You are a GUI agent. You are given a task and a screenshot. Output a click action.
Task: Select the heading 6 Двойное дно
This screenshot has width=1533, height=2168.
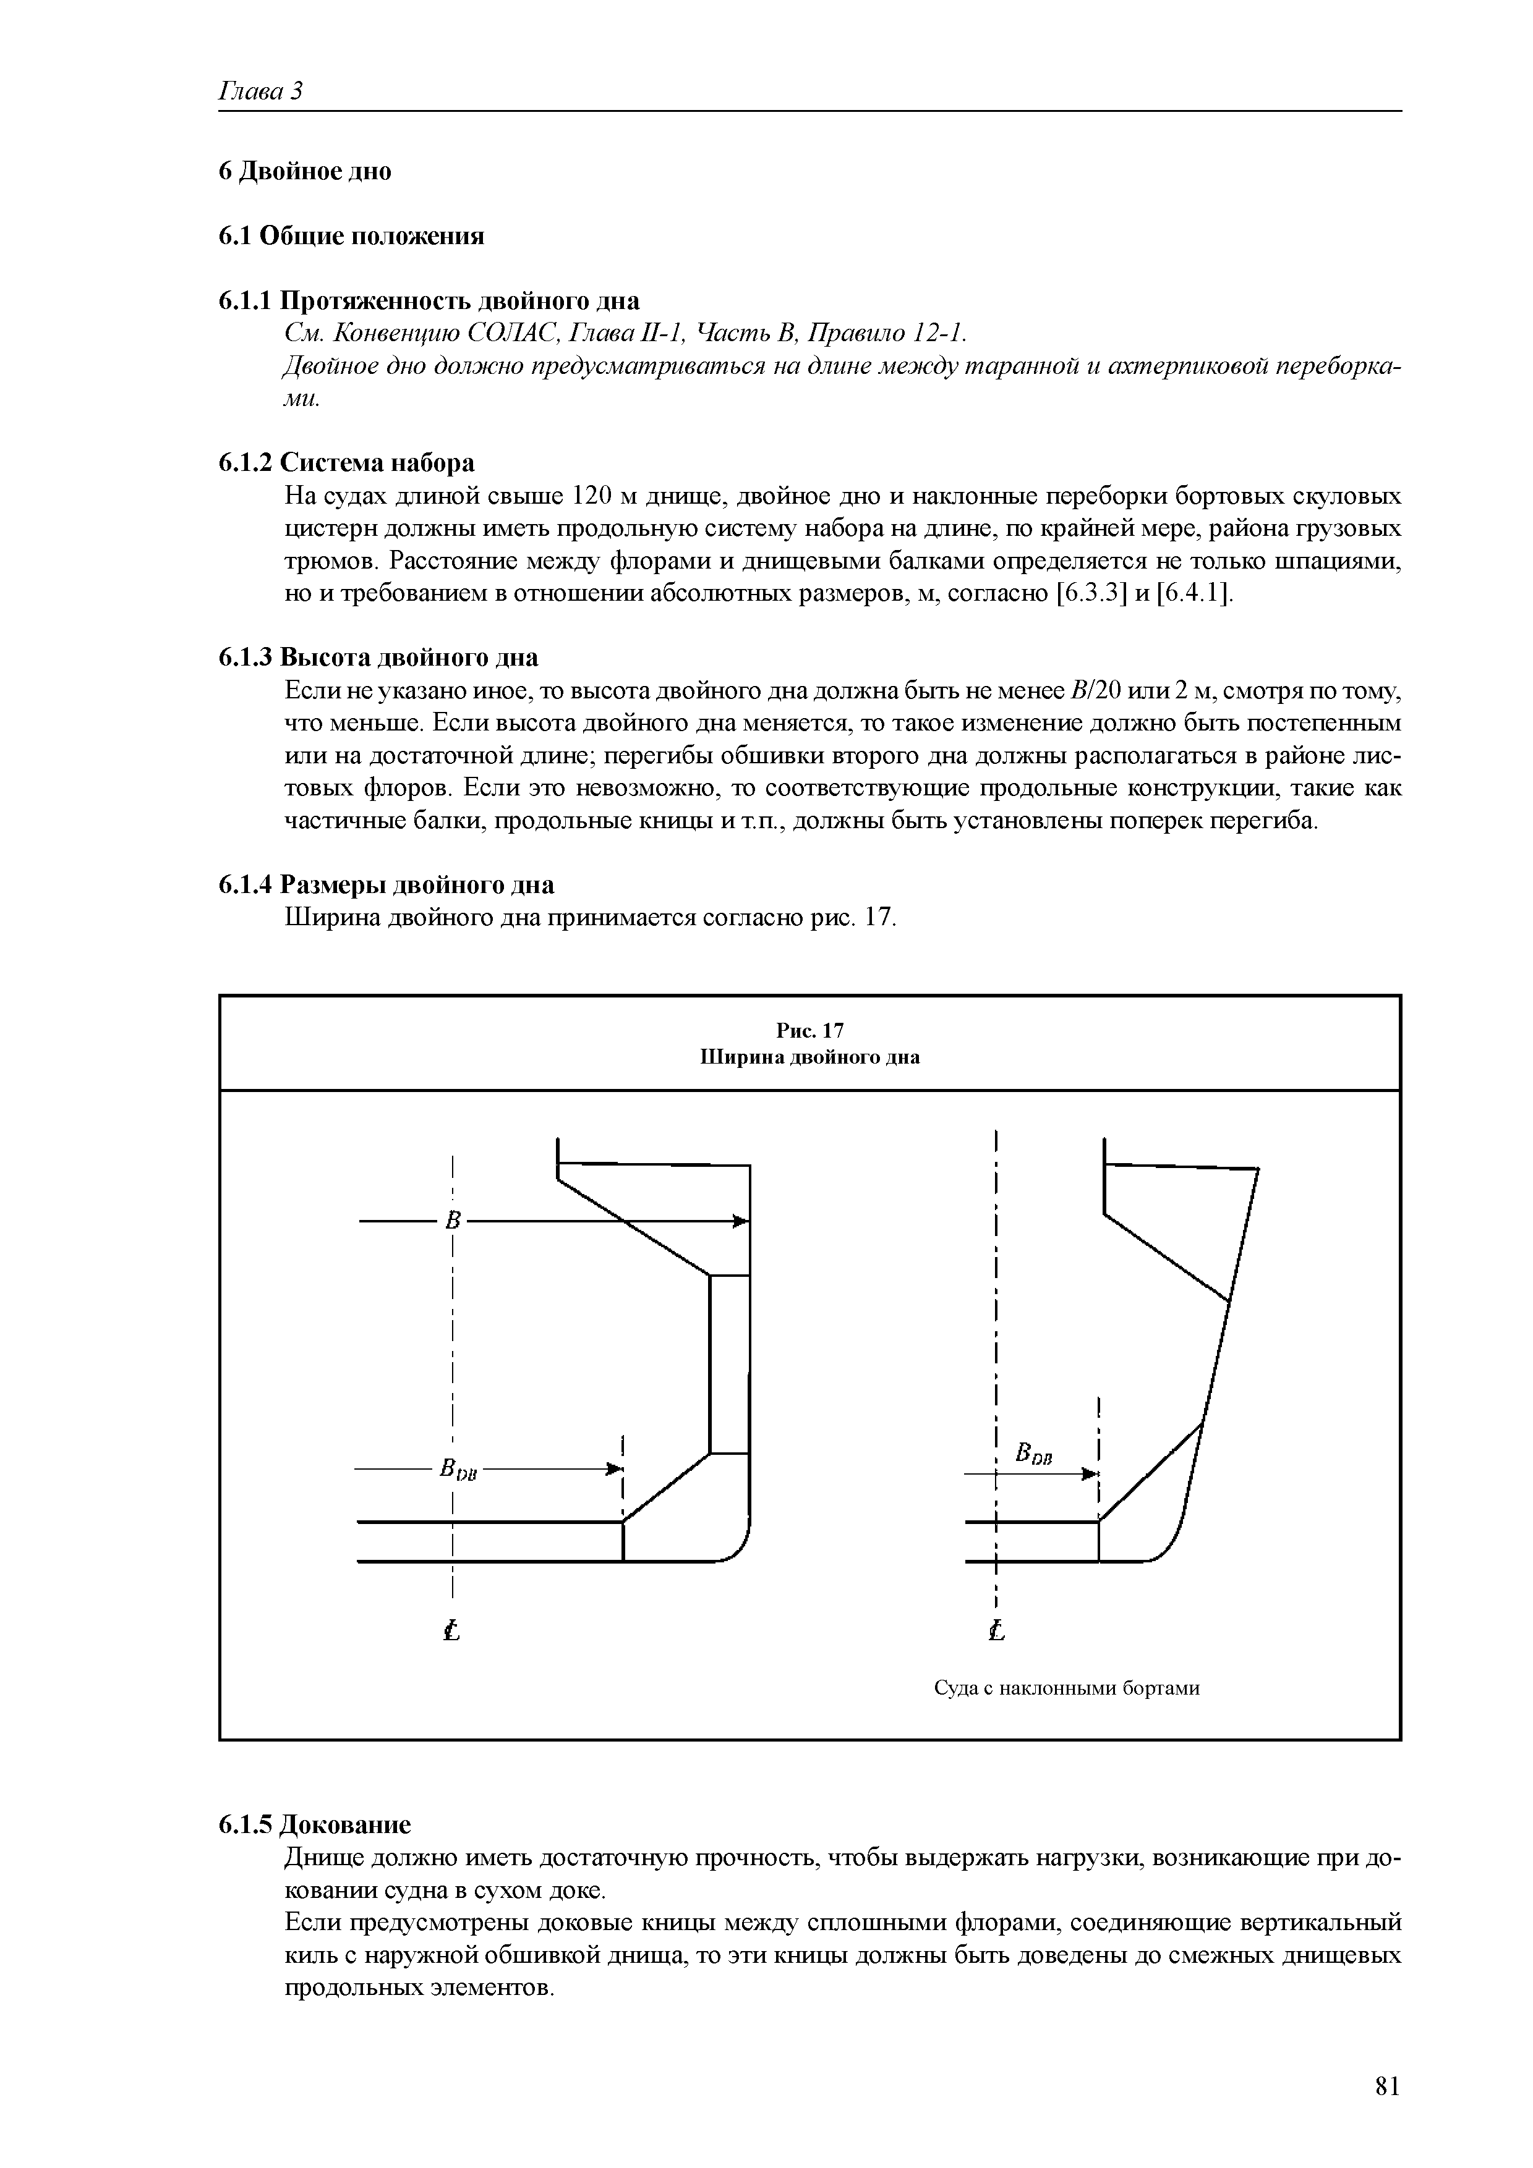pos(304,172)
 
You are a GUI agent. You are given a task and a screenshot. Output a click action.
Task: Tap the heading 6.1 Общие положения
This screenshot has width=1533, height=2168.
pos(351,236)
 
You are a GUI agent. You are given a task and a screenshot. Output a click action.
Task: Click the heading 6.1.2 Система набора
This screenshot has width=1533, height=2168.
pos(347,463)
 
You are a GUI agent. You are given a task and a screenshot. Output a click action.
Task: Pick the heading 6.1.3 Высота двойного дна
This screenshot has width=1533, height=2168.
pos(378,657)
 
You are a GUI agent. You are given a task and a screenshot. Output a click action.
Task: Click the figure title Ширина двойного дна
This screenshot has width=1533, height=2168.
pos(809,1057)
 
